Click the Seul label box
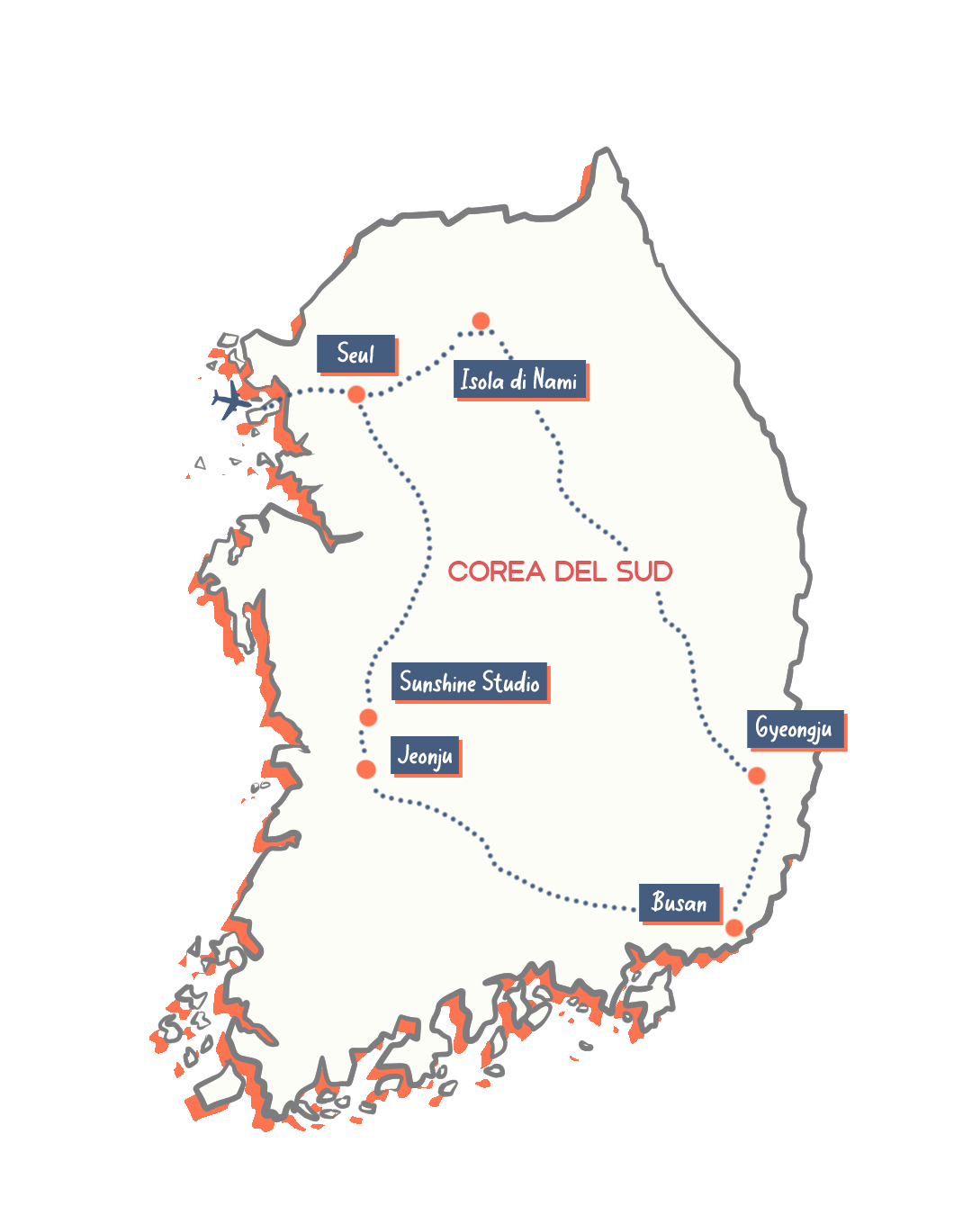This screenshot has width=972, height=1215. pos(356,354)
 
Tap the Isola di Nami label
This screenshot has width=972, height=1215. pos(519,380)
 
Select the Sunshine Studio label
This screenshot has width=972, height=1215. pos(469,682)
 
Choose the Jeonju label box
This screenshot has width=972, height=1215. pos(425,755)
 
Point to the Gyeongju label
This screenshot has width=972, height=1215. pos(795,728)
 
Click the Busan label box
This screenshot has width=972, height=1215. pos(679,903)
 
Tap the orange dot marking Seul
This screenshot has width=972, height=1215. pos(356,394)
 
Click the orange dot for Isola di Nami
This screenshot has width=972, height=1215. pos(481,321)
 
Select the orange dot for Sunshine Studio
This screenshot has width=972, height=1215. pos(368,717)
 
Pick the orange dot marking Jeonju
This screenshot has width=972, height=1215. pos(366,769)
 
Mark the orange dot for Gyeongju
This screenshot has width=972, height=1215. pos(757,776)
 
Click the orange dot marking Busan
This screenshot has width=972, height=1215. pos(734,928)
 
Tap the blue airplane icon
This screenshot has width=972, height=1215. pos(231,400)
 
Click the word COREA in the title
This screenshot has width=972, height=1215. pos(496,571)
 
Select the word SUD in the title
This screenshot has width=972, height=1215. pos(644,571)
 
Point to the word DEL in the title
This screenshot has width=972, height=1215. pos(580,571)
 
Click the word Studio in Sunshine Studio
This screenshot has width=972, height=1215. pos(511,682)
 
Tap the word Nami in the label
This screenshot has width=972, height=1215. pos(554,381)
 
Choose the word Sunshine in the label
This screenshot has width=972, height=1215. pos(437,682)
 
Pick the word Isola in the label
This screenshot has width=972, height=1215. pos(482,380)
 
